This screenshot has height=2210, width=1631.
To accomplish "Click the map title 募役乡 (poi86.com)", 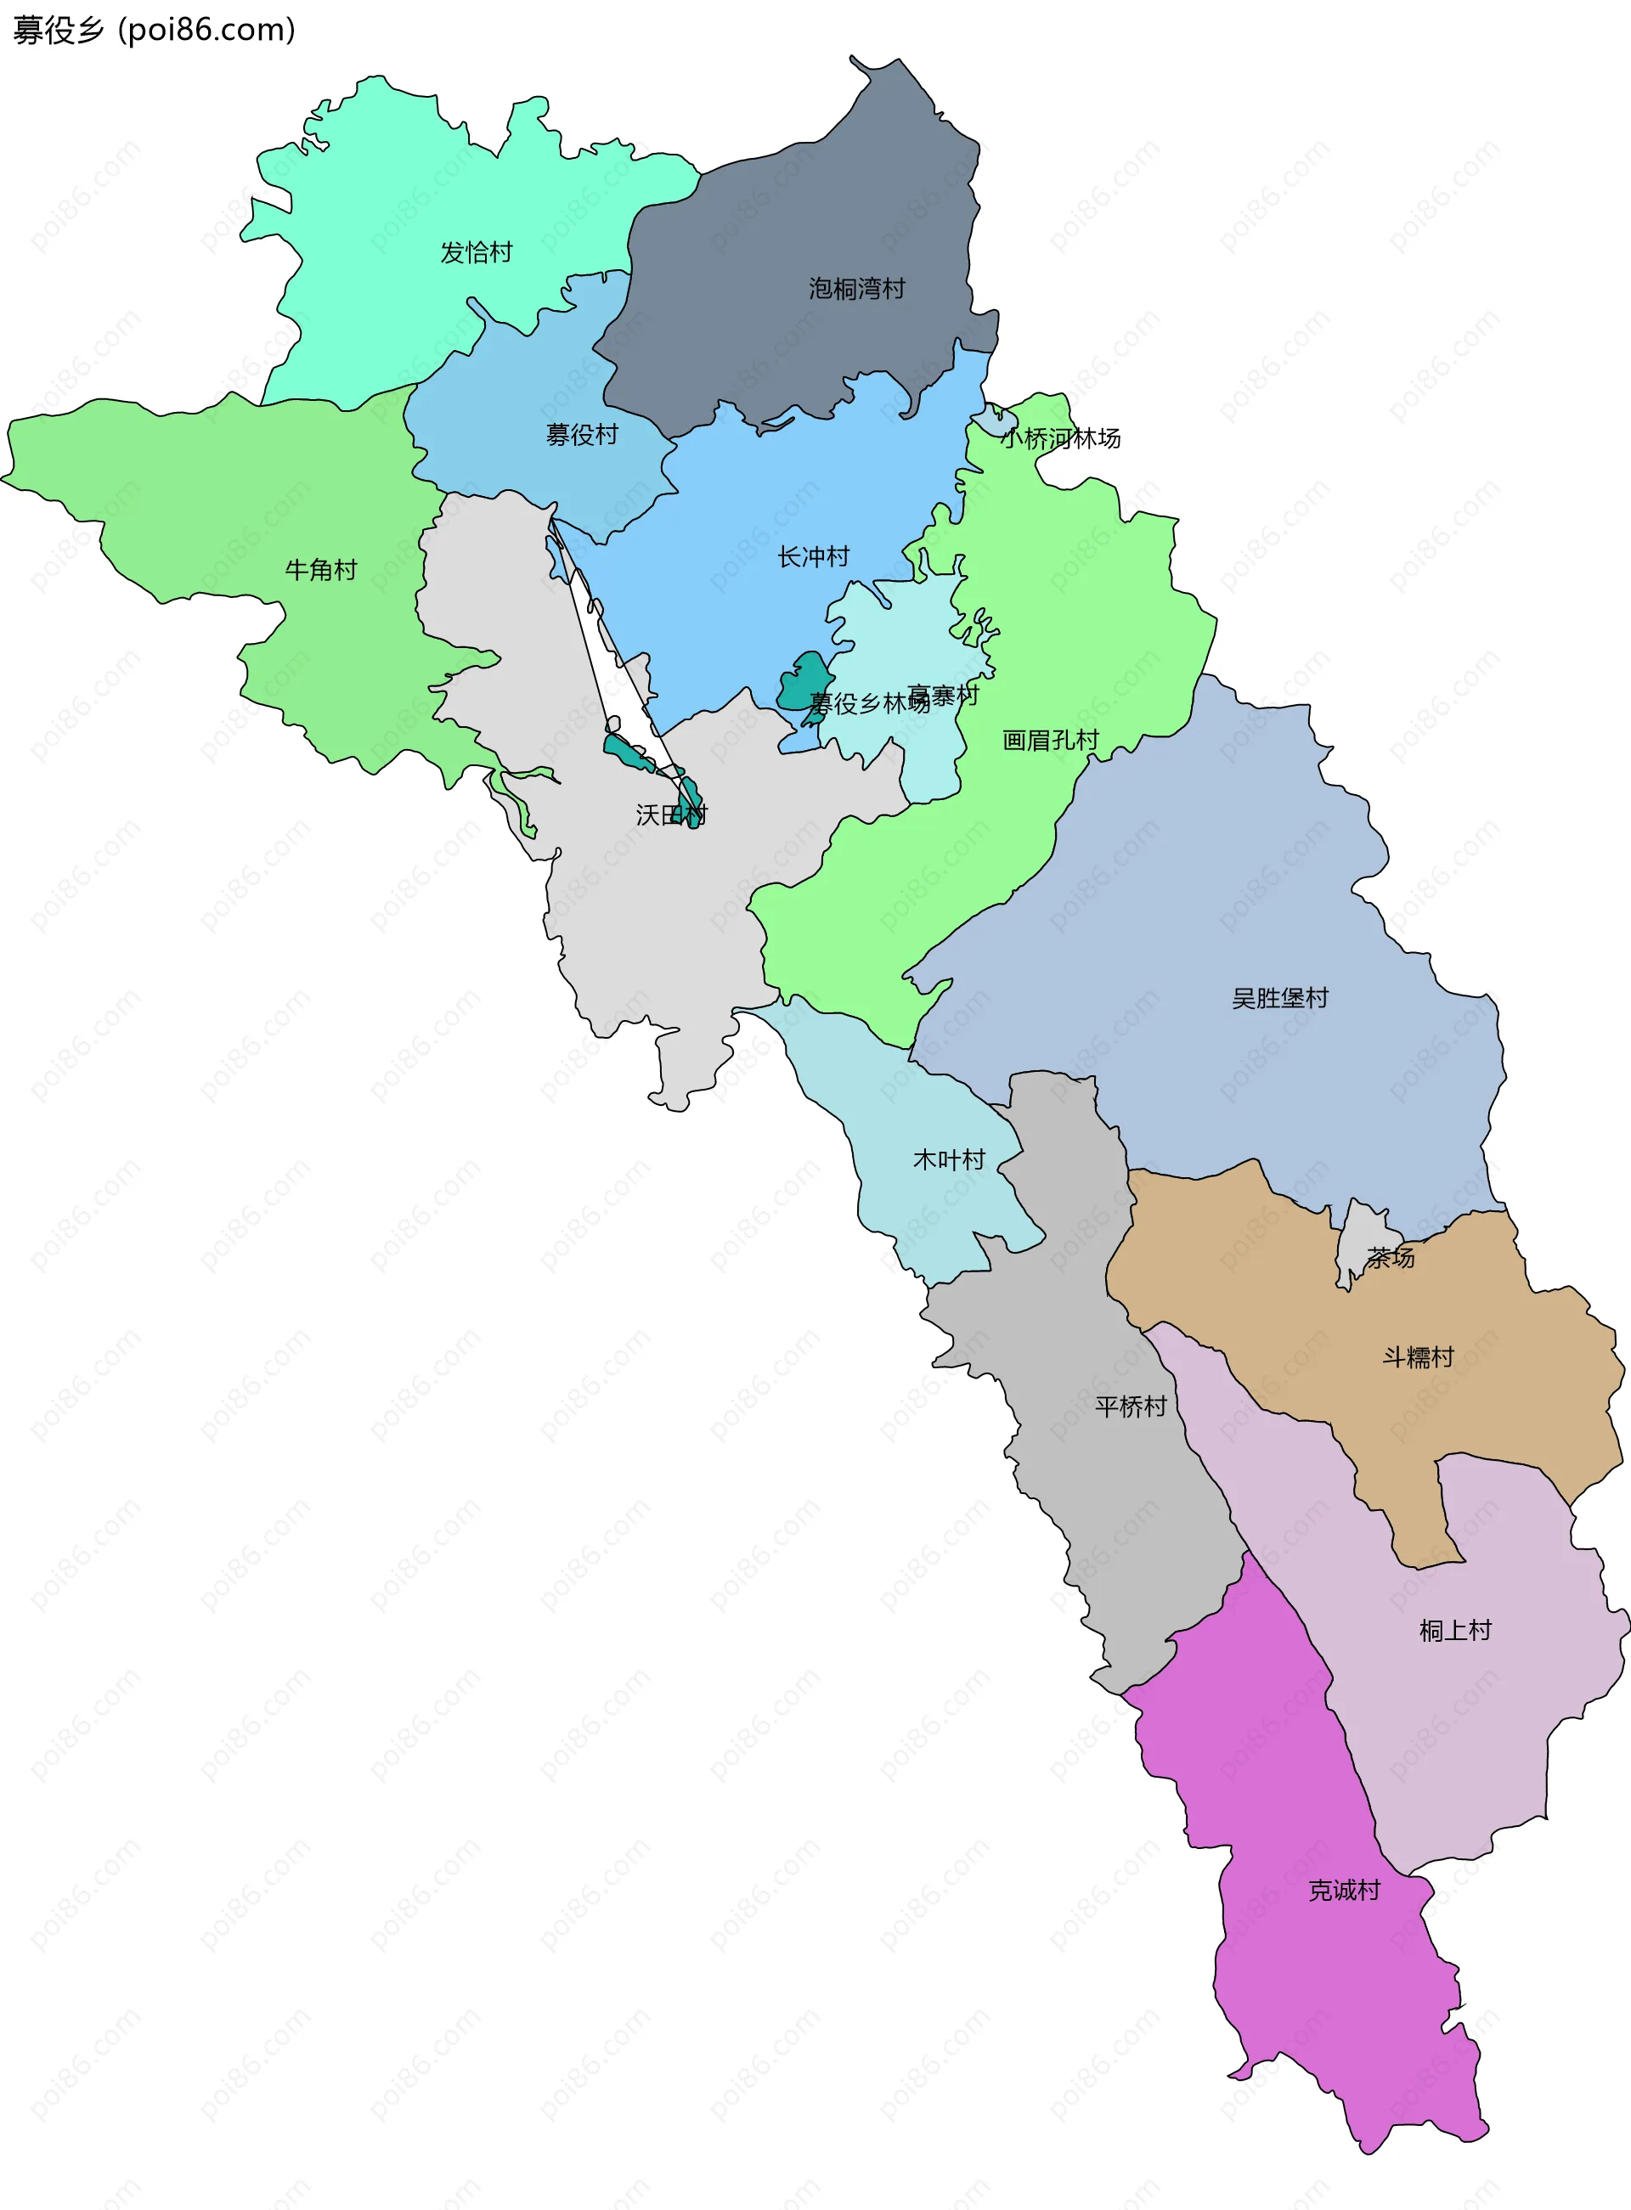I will pos(154,31).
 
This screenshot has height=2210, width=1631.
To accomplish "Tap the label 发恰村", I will pos(476,253).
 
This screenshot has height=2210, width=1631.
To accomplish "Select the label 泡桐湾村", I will pos(856,288).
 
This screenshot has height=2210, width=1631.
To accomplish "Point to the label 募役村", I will pos(582,434).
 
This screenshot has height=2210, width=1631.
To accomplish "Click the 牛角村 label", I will pos(320,570).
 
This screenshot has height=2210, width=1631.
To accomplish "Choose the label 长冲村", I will pos(813,556).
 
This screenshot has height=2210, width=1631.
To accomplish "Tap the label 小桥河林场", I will pos(1060,438).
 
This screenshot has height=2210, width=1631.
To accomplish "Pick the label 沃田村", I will pos(671,815).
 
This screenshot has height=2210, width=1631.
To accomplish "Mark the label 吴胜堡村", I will pos(1279,998).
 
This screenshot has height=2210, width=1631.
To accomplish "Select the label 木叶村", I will pos(949,1159).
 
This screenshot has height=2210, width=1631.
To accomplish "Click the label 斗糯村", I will pos(1418,1357).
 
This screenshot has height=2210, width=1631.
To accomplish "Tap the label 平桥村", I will pos(1131,1406).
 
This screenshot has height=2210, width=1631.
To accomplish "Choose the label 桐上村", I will pos(1454,1631).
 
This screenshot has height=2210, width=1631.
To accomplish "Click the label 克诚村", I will pos(1344,1890).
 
